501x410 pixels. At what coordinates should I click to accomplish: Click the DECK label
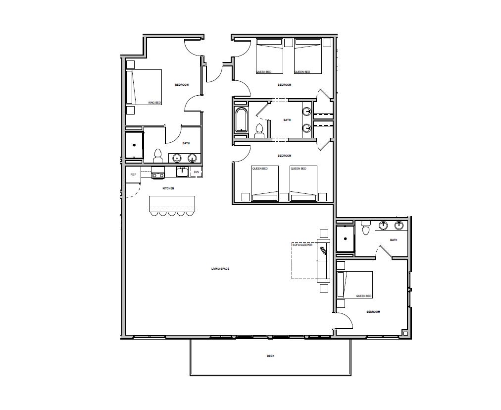coord(271,356)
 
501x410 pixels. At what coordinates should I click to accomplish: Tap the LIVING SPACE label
coord(220,269)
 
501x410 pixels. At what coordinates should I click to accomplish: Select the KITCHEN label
coord(168,188)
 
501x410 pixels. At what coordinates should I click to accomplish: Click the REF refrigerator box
coord(133,175)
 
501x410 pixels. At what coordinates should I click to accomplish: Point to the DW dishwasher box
coord(197,172)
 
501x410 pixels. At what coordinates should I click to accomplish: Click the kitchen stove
coord(158,172)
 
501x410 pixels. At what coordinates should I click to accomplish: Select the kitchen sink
coord(183,172)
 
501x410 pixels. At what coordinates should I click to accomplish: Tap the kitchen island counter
coord(172,204)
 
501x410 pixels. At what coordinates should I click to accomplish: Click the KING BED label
coord(154,103)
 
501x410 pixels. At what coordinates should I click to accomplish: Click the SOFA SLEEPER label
coord(302,245)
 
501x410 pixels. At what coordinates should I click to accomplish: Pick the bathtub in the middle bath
coord(241,120)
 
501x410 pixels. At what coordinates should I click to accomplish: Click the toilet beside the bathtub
coord(259,130)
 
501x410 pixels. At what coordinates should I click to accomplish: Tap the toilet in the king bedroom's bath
coord(157,155)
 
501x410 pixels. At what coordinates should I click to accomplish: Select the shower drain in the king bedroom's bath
coord(134,145)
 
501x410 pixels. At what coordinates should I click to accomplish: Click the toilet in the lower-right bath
coord(365,228)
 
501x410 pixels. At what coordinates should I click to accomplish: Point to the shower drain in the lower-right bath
coord(345,238)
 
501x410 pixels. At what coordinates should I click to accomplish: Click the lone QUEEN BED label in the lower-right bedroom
coord(364,296)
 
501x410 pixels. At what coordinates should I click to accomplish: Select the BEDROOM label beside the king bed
coord(182,85)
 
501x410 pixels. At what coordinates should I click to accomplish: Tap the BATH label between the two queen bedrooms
coord(287,120)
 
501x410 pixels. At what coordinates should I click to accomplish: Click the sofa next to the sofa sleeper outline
coord(323,261)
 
